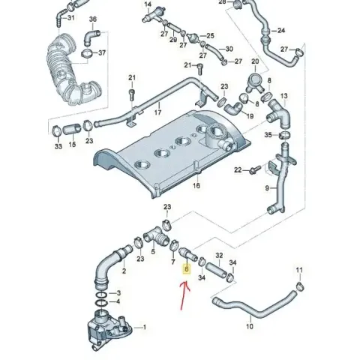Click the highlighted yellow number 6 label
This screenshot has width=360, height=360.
click(187, 269)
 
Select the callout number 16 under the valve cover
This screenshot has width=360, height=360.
click(196, 185)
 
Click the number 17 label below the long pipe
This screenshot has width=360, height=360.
click(157, 112)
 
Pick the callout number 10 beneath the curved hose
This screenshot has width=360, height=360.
click(250, 326)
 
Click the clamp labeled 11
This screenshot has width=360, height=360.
click(300, 286)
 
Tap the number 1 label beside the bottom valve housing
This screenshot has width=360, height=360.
click(144, 327)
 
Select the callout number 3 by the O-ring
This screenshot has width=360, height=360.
click(118, 292)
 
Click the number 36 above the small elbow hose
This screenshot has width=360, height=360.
click(93, 19)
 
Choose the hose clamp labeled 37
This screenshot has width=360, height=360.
click(85, 53)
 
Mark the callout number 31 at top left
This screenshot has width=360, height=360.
click(71, 18)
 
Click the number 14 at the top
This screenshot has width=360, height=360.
click(148, 4)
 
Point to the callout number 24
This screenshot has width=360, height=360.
click(281, 31)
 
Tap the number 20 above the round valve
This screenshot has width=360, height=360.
click(255, 61)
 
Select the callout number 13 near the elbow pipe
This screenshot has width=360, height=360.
click(284, 96)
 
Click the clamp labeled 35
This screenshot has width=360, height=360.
click(285, 135)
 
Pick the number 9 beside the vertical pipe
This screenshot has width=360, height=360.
click(267, 188)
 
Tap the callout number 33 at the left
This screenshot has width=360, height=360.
click(58, 146)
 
